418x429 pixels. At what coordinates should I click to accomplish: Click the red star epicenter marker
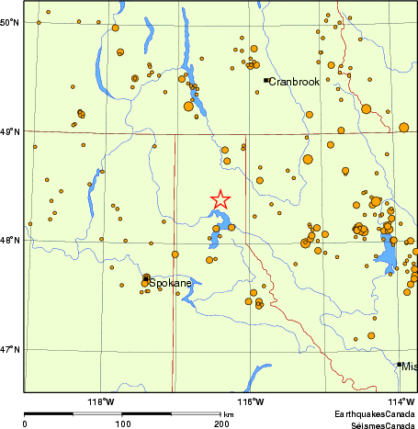click(220, 198)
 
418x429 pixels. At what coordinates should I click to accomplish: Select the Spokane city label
click(171, 283)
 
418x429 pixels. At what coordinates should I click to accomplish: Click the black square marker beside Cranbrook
click(265, 80)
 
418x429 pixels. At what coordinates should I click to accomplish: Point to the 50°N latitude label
click(10, 22)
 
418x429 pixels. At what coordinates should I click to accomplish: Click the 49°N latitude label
click(10, 132)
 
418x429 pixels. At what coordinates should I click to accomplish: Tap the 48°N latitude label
click(10, 242)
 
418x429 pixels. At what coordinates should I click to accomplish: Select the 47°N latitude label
click(10, 350)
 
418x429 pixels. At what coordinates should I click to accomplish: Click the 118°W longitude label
click(100, 401)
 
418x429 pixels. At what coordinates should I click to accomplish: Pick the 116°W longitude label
click(251, 401)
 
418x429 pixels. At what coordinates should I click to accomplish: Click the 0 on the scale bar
click(25, 423)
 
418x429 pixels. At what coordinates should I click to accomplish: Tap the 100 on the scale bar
click(122, 423)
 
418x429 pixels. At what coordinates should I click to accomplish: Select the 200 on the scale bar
click(220, 423)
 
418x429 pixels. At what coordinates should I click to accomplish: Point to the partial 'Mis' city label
click(409, 366)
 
